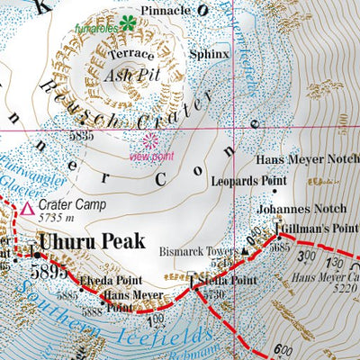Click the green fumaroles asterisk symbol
coord(128,23)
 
